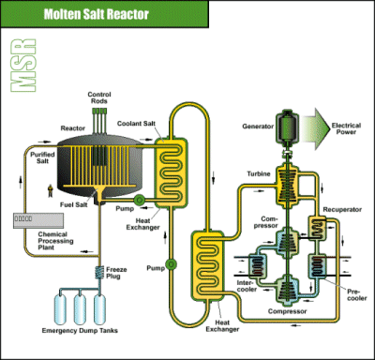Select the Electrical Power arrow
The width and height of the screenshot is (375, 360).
point(337,126)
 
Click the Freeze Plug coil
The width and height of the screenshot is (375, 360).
point(97,272)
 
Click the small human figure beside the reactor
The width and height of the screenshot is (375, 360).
point(51,191)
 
